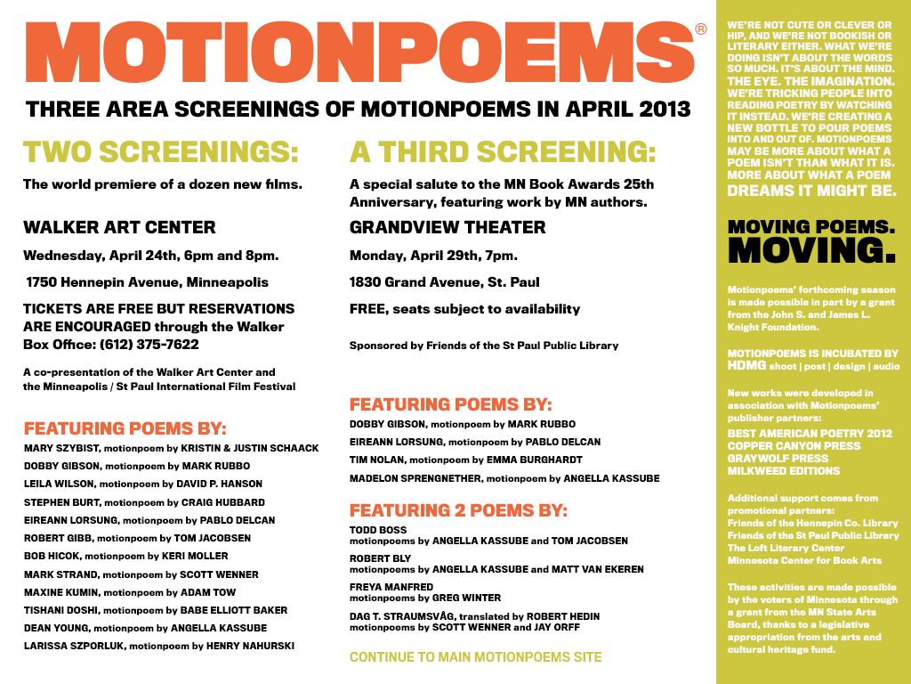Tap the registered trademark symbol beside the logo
tap(701, 29)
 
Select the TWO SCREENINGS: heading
tap(161, 152)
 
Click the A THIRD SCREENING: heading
tap(503, 152)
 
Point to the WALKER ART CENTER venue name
tap(119, 227)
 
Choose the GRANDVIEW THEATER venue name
tap(447, 227)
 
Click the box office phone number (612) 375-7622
tap(149, 344)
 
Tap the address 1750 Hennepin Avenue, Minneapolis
tap(147, 282)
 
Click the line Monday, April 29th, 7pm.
tap(433, 256)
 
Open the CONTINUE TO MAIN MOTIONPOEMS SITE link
tap(475, 657)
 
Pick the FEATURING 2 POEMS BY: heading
tap(458, 510)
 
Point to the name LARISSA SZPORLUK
tap(74, 646)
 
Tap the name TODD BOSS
tap(378, 530)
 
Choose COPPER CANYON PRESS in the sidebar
tap(794, 445)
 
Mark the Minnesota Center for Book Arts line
tap(804, 560)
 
